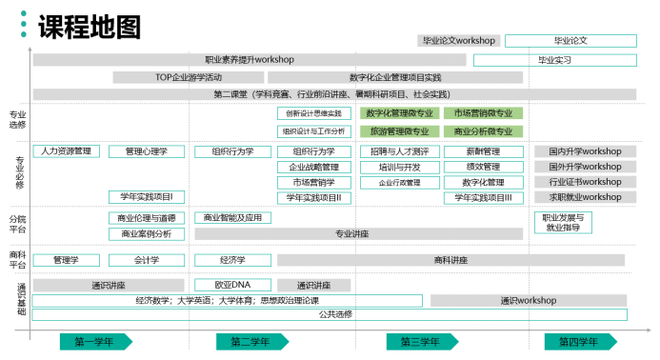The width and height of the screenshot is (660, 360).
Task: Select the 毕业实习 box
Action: coord(554,60)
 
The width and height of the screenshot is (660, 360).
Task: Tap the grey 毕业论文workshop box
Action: coord(458,41)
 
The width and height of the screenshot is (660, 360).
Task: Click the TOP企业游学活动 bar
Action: coord(189,77)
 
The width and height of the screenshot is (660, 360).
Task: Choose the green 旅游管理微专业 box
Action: coord(399,131)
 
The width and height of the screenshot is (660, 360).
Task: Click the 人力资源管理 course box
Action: coord(67,151)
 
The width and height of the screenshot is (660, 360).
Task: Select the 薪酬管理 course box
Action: coord(483,151)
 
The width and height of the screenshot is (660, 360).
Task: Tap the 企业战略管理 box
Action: coord(313,167)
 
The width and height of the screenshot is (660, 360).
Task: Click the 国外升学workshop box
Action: coord(584,167)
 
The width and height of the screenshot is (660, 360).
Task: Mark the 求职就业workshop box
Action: coord(584,197)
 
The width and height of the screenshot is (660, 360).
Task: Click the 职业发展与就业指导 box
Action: coord(568,223)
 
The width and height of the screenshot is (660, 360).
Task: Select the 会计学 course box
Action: coord(147,260)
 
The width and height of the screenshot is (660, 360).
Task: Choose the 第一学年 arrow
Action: coord(93,342)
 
